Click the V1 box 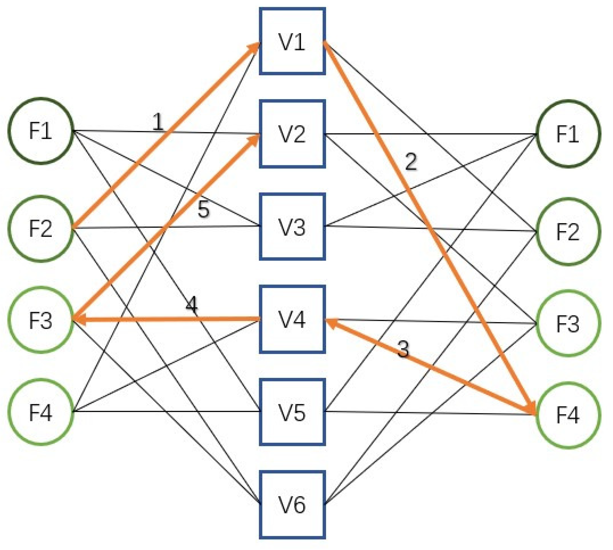[292, 41]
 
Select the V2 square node [292, 134]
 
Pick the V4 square [292, 319]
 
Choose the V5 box [292, 412]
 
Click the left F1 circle [41, 131]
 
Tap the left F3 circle [41, 320]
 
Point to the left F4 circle [41, 412]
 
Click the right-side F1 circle [568, 134]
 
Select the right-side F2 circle [568, 232]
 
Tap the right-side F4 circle [568, 415]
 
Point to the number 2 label [411, 162]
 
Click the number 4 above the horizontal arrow [192, 305]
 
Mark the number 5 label [203, 209]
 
